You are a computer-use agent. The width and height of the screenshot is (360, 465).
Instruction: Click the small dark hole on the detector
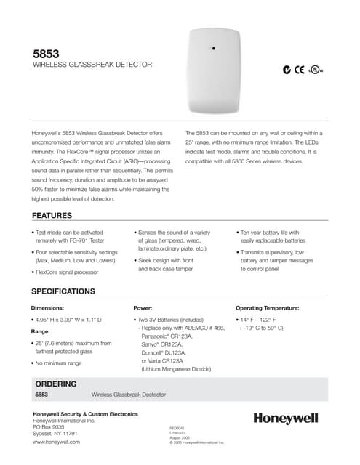click(x=213, y=49)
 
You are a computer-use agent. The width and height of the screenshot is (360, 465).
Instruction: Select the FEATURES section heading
click(x=52, y=216)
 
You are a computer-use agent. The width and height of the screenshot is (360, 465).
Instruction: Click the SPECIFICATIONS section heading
click(x=63, y=291)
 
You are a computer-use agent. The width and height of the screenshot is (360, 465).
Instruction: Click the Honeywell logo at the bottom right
click(x=286, y=418)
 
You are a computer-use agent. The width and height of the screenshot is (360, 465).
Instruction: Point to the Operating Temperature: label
click(x=268, y=308)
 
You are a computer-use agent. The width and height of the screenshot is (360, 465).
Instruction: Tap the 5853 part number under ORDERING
click(x=41, y=395)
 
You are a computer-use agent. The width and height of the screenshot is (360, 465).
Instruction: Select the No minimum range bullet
click(x=59, y=362)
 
